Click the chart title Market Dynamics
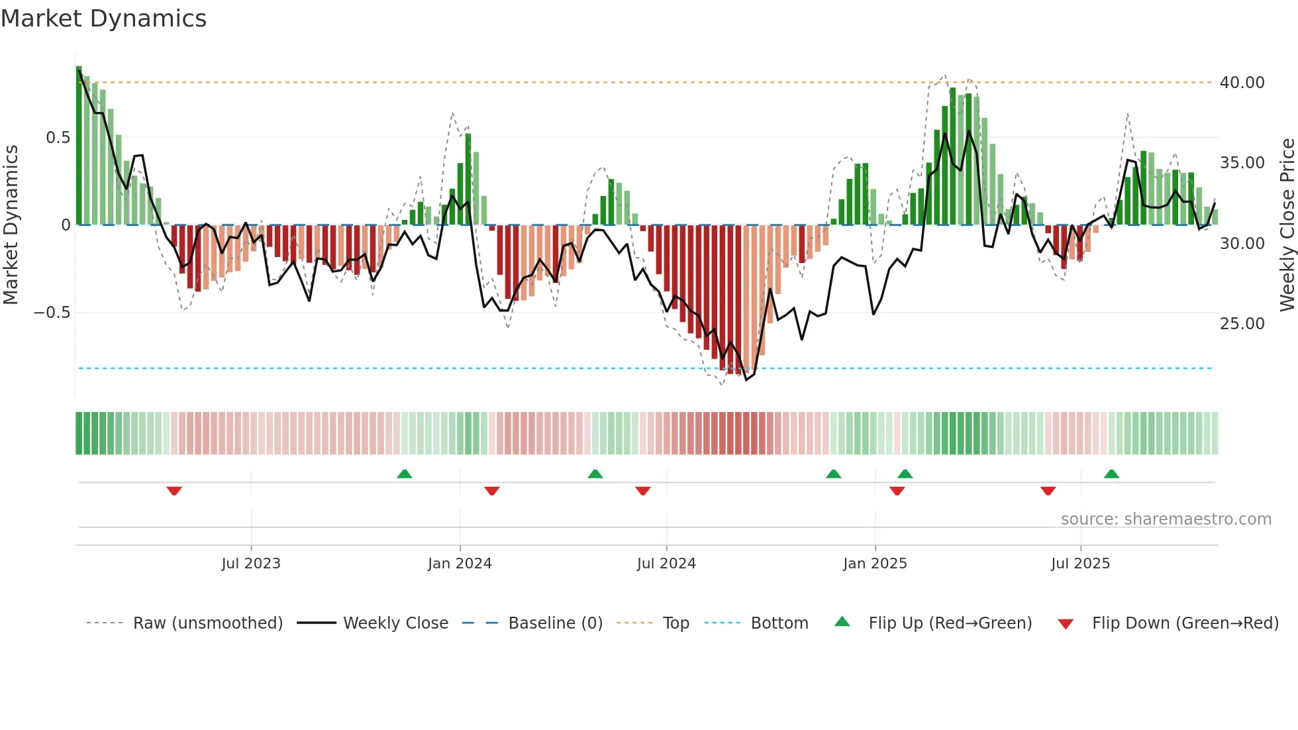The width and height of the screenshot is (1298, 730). click(x=103, y=19)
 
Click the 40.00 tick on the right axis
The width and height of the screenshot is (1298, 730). click(x=1242, y=83)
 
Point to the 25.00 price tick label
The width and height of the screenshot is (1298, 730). click(x=1242, y=324)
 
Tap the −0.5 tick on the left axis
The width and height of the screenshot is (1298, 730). click(x=52, y=313)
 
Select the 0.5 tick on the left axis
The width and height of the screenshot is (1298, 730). click(x=58, y=138)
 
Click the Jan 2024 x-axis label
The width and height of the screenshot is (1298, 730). click(x=460, y=564)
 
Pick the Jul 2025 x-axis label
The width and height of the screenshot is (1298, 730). click(x=1080, y=564)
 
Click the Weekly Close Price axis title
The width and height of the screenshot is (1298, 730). click(x=1287, y=225)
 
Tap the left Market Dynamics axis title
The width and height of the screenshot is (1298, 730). click(x=11, y=225)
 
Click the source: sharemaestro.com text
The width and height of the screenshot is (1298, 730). click(x=1166, y=519)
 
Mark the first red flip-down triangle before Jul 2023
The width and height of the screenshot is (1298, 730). click(x=174, y=491)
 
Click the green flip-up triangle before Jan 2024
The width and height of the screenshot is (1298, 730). click(x=405, y=474)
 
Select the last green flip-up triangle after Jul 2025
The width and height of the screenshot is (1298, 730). click(x=1111, y=474)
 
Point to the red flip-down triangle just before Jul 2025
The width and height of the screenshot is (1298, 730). click(x=1048, y=491)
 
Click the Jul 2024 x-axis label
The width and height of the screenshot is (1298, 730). click(x=666, y=564)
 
